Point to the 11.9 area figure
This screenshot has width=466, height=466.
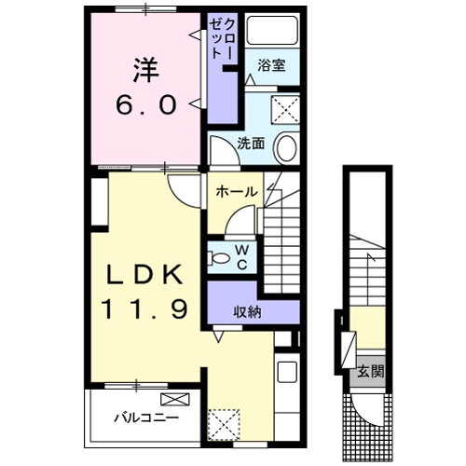tap(147, 308)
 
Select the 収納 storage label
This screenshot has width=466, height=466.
tap(248, 312)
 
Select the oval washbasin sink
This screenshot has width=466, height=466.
tap(288, 148)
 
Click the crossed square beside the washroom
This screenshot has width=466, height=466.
tap(285, 110)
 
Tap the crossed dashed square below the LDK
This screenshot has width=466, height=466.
tap(223, 423)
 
